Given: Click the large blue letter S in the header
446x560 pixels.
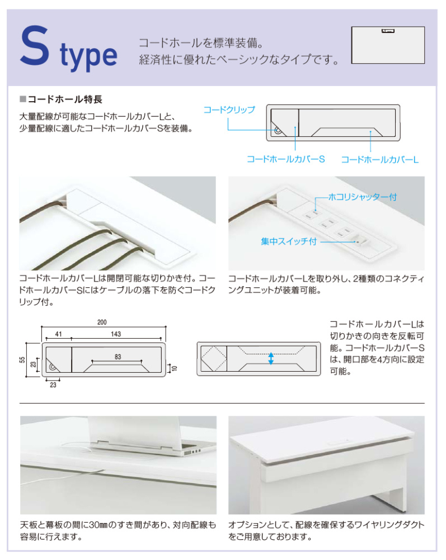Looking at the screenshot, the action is [34, 46].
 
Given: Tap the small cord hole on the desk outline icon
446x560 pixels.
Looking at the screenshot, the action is [388, 31].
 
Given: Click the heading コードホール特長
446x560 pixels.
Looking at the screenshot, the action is [65, 99].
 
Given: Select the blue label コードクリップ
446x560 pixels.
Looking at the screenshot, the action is [229, 110].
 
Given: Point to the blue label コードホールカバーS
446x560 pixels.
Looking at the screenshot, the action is [286, 159].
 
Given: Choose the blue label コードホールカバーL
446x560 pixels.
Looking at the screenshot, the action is [379, 160].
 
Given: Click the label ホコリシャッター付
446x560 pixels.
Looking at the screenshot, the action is [362, 197].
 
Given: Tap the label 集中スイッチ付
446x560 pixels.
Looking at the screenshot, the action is [289, 241].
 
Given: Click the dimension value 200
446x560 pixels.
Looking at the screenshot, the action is [102, 322].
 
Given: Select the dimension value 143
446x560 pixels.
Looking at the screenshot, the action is [115, 334].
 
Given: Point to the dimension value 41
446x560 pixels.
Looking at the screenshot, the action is [58, 334].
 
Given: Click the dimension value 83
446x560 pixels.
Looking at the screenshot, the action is [118, 357].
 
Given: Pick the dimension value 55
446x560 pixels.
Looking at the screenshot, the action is [22, 360].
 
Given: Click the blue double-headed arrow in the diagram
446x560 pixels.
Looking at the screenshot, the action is [271, 359].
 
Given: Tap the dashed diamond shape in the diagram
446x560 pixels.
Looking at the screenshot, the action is [214, 358].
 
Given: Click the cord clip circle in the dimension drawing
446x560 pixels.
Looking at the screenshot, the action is [53, 367].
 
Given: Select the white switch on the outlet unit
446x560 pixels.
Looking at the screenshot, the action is [362, 240].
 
